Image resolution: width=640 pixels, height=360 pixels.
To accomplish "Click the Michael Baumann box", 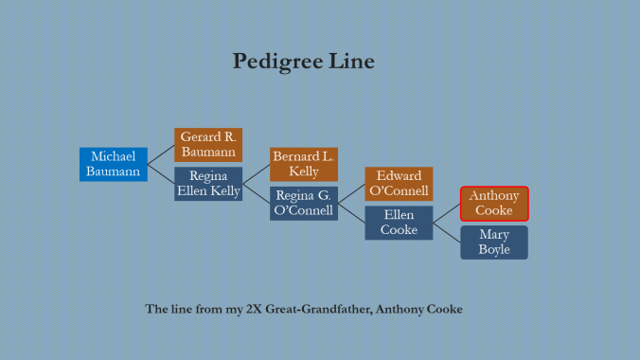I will pyautogui.click(x=114, y=164).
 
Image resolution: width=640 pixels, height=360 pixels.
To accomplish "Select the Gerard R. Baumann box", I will pyautogui.click(x=208, y=145).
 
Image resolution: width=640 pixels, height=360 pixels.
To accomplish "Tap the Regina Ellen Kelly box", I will pyautogui.click(x=208, y=184).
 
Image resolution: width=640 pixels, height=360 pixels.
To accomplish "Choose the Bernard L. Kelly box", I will pyautogui.click(x=304, y=164).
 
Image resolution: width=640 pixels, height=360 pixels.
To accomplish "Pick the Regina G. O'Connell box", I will pyautogui.click(x=304, y=203).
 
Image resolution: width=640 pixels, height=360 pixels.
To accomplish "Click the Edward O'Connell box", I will pyautogui.click(x=399, y=184).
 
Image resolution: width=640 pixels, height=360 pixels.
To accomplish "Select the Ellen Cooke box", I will pyautogui.click(x=399, y=223).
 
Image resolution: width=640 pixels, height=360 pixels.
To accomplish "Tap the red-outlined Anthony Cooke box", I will pyautogui.click(x=494, y=203).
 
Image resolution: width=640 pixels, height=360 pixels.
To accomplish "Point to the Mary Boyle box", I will pyautogui.click(x=494, y=243).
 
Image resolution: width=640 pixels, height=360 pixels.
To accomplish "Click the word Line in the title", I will pyautogui.click(x=352, y=63).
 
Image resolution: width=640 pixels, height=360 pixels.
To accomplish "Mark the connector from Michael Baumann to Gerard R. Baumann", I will pyautogui.click(x=161, y=154).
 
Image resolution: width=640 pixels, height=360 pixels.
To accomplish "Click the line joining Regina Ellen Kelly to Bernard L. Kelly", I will pyautogui.click(x=257, y=174).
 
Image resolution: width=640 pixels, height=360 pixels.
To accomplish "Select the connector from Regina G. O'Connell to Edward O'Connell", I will pyautogui.click(x=351, y=193).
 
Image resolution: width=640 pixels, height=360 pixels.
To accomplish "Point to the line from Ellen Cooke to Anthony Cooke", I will pyautogui.click(x=447, y=213).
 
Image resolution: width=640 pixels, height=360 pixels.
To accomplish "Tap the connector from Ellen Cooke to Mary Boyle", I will pyautogui.click(x=447, y=232).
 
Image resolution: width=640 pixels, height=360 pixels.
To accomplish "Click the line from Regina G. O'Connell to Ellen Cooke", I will pyautogui.click(x=351, y=213).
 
